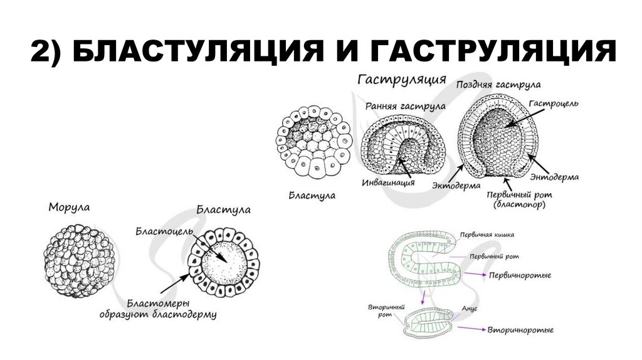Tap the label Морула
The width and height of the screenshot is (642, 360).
tap(68, 206)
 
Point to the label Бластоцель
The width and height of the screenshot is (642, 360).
tap(158, 231)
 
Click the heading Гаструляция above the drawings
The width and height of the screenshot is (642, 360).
tap(401, 80)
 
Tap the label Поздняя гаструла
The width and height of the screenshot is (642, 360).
tap(498, 84)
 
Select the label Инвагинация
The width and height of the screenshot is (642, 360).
tap(389, 184)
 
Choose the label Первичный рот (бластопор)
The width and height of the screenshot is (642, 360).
tap(519, 199)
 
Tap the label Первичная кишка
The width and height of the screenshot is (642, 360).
tap(487, 235)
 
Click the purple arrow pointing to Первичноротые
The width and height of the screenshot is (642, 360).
tap(474, 275)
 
